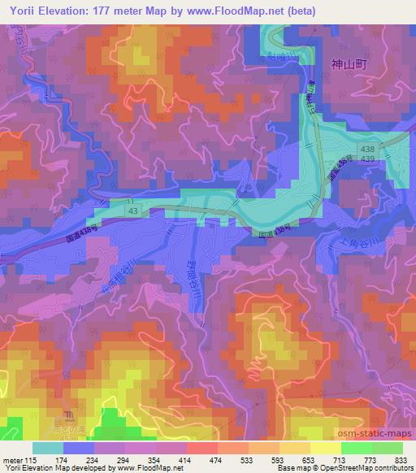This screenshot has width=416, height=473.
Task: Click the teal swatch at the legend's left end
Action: tap(48, 448)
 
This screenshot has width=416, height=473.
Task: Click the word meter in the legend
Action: tap(13, 460)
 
